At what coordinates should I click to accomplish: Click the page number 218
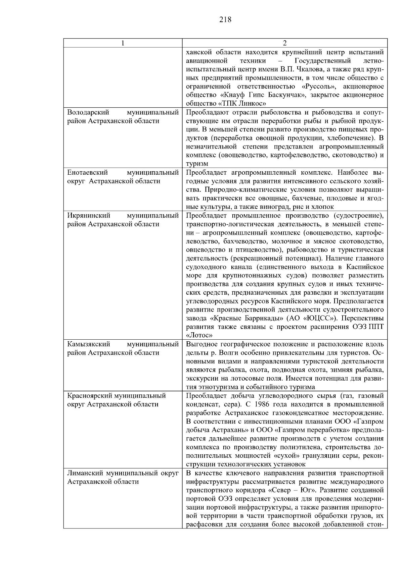coord(225,19)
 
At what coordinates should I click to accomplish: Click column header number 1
coord(123,43)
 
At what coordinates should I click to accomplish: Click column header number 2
coord(284,43)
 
